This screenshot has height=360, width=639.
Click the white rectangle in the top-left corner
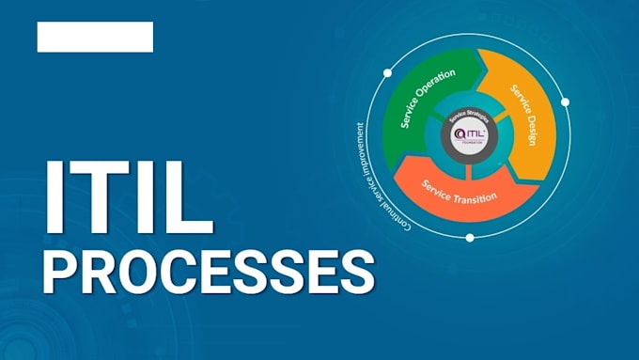(x=95, y=37)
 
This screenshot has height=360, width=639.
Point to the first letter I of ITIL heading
(x=58, y=198)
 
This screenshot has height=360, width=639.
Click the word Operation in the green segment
(x=436, y=87)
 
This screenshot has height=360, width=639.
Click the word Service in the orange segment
(x=438, y=181)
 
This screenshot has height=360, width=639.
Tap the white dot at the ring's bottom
(x=469, y=237)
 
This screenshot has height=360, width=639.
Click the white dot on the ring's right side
(x=565, y=102)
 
